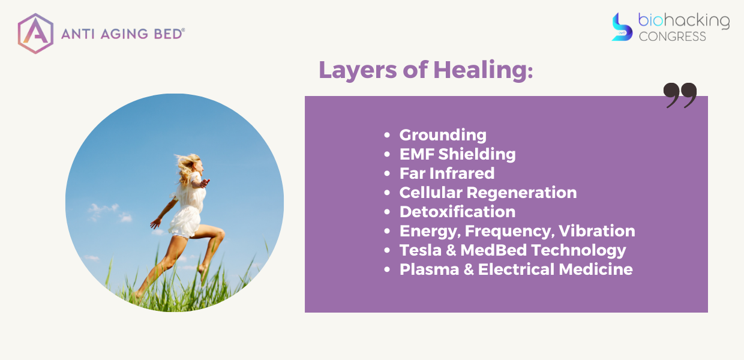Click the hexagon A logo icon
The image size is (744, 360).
click(35, 34)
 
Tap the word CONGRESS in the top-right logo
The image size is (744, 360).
click(672, 36)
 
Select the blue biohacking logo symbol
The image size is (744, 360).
click(622, 27)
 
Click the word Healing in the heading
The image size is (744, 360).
click(483, 70)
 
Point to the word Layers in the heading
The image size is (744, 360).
click(358, 70)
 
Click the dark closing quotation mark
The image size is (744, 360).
click(680, 95)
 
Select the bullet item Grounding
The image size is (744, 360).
click(443, 135)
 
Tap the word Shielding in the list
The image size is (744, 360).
click(477, 154)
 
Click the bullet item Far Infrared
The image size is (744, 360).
click(447, 173)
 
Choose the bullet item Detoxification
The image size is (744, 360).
click(457, 212)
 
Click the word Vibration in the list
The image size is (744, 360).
click(596, 231)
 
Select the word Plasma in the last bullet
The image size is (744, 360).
click(430, 269)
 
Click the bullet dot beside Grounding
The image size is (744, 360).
click(387, 135)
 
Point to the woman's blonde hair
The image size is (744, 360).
click(188, 168)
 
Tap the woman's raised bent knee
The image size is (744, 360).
click(219, 235)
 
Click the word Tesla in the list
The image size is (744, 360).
click(421, 250)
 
